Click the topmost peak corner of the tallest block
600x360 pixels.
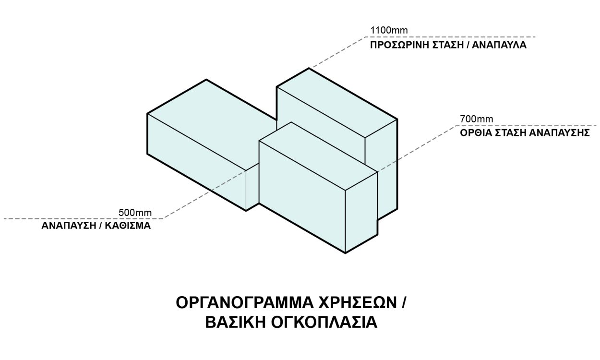point(309,69)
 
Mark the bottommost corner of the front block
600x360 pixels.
point(345,253)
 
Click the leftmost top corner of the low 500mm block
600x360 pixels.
point(147,114)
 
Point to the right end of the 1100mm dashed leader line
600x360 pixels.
point(535,37)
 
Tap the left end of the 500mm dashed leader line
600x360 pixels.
point(4,218)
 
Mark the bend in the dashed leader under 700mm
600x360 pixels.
point(456,126)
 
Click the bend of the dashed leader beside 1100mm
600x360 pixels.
point(366,37)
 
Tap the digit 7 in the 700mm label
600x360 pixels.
point(463,119)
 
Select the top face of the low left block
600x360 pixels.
point(212,124)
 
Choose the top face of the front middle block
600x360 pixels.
point(318,156)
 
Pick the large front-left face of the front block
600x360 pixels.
point(302,197)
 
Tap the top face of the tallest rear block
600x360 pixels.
point(336,103)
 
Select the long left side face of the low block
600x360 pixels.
point(197,162)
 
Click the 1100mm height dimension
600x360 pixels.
point(389,30)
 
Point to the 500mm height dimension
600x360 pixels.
point(135,213)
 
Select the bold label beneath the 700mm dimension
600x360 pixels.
point(525,133)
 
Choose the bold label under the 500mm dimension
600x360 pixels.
point(96,226)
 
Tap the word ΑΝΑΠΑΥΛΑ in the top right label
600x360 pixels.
point(499,45)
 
